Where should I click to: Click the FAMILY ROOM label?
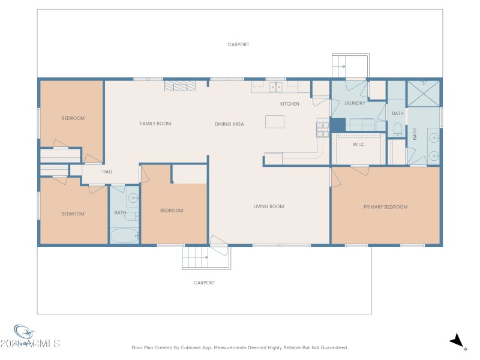tap(155, 124)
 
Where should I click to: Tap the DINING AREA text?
tap(229, 124)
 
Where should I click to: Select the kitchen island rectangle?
tap(275, 122)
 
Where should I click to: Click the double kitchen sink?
tap(276, 87)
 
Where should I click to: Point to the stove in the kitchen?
tap(322, 126)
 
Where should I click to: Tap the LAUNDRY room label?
tap(355, 103)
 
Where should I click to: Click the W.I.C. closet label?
tap(359, 144)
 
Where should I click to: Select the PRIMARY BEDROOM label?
tap(385, 207)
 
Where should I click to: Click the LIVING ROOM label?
tap(268, 206)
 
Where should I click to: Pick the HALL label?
tap(107, 172)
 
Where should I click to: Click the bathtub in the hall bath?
tap(125, 236)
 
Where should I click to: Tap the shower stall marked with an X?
tap(424, 93)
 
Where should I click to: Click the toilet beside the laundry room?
tap(397, 129)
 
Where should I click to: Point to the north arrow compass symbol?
tap(457, 341)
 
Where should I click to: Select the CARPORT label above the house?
tap(238, 44)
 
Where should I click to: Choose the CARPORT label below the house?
tap(204, 283)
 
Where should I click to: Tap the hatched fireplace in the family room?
tap(177, 87)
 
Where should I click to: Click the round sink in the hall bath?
tap(133, 198)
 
